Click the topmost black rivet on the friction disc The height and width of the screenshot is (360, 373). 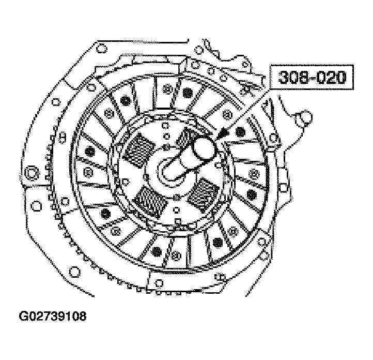[186, 92]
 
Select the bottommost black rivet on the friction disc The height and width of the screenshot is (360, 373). [156, 251]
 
